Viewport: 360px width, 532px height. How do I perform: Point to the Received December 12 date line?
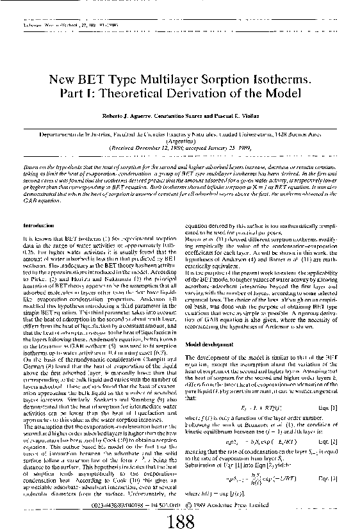(181, 147)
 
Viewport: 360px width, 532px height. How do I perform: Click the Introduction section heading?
(37, 227)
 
